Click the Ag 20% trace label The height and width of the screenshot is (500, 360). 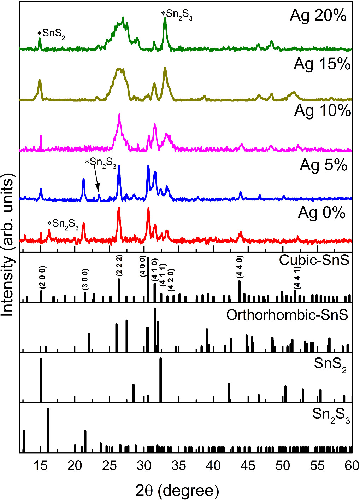click(318, 16)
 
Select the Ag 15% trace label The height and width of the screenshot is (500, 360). click(322, 64)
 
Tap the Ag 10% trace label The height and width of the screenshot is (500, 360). click(323, 111)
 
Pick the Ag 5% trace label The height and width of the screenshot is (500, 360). click(324, 165)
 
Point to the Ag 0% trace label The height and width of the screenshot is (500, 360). click(321, 213)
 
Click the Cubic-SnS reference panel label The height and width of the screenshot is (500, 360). click(314, 261)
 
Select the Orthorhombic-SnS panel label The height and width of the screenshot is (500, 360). click(287, 315)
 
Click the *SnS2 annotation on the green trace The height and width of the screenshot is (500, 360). click(52, 34)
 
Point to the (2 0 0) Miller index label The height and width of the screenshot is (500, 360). click(41, 278)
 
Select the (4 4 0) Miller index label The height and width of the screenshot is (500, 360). click(240, 269)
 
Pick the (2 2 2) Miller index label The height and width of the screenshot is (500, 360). click(119, 267)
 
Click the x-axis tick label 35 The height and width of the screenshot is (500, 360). click(179, 465)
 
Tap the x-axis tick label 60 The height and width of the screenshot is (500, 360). click(352, 465)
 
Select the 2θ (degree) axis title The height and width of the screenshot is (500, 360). click(177, 490)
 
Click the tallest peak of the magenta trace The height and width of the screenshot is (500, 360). click(119, 115)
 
